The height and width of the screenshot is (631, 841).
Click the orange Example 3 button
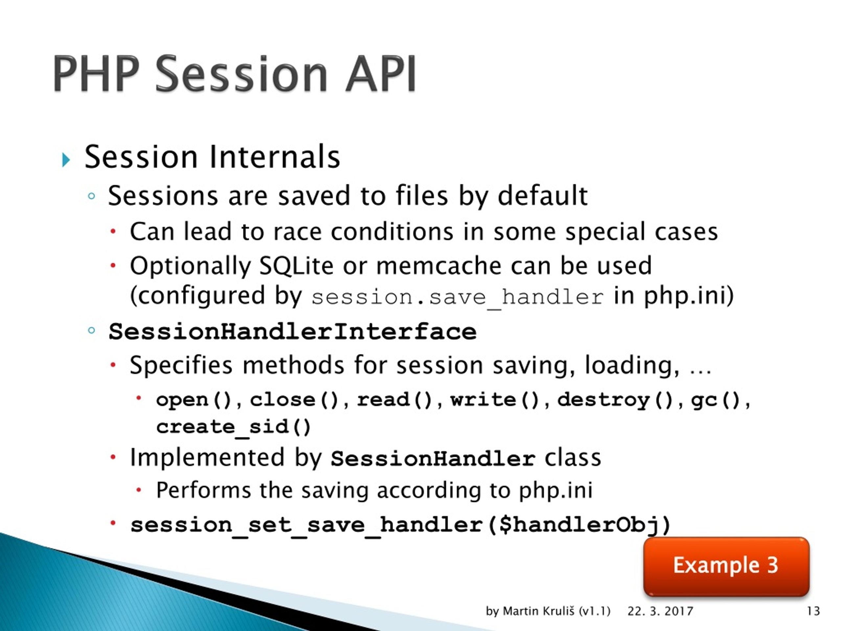(x=726, y=566)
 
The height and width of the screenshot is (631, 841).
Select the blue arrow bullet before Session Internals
(x=66, y=160)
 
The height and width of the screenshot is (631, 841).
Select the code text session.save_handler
(x=457, y=297)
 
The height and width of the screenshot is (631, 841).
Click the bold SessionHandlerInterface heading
(x=292, y=331)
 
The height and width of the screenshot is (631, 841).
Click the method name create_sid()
(x=234, y=427)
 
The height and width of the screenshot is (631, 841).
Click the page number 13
(x=813, y=611)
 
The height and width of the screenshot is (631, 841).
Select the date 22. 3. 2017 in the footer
(x=660, y=611)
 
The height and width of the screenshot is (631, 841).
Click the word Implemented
(x=207, y=457)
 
